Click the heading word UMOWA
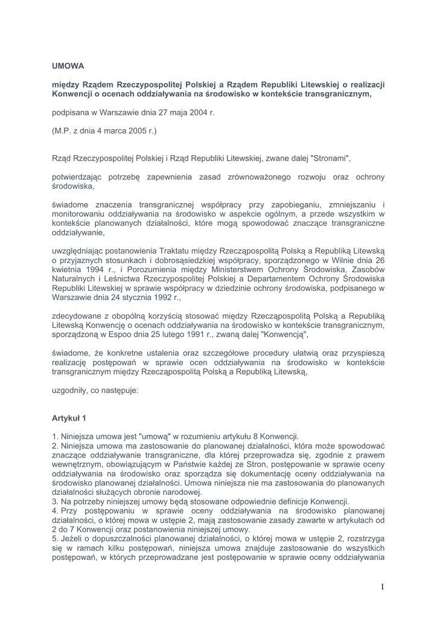click(x=68, y=66)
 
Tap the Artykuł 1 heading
click(x=69, y=418)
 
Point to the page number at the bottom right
click(x=382, y=587)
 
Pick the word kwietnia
click(x=68, y=271)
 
